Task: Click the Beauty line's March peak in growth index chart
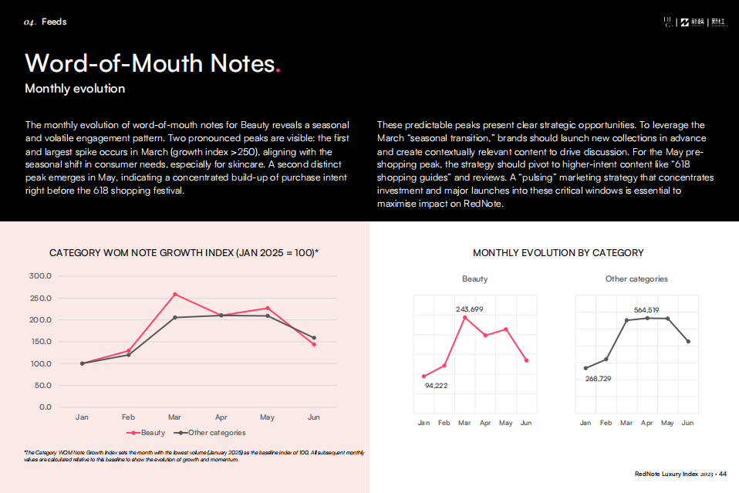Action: click(175, 294)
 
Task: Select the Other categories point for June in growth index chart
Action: click(314, 337)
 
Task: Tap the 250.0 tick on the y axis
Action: click(40, 298)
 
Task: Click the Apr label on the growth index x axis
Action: click(221, 417)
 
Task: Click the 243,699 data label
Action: click(469, 309)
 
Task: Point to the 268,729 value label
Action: click(599, 378)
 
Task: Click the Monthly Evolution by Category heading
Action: click(558, 253)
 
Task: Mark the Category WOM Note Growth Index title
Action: click(184, 253)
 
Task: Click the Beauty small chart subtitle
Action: click(475, 279)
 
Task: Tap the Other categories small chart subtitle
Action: click(636, 279)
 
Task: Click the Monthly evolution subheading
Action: click(75, 89)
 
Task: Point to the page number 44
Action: click(723, 474)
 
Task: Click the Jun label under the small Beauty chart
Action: click(526, 423)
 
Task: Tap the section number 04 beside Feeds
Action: click(30, 22)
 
